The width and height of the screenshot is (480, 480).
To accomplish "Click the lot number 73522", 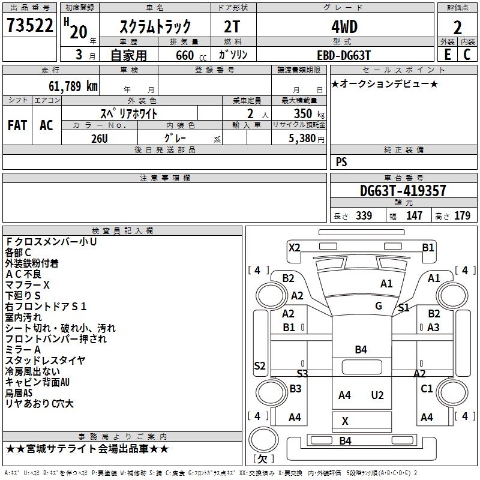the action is (x=30, y=26).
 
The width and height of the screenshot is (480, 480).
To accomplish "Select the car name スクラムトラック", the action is (x=155, y=26).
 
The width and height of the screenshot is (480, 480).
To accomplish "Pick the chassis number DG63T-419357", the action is (x=403, y=191).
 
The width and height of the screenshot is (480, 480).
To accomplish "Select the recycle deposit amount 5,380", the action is (x=302, y=138).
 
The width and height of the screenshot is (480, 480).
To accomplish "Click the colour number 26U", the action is (x=100, y=138).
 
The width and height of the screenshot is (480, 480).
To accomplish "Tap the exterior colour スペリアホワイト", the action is (x=128, y=113).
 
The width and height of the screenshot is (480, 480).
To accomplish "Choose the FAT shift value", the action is (x=17, y=125).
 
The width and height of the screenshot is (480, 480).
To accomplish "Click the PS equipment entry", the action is (x=341, y=162).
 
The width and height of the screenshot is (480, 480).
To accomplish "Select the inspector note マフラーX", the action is (x=28, y=284).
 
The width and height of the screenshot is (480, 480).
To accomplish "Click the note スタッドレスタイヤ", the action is (x=45, y=361).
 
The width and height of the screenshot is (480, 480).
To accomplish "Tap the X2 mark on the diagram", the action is (x=294, y=247).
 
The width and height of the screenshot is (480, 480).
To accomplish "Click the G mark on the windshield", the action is (x=379, y=306).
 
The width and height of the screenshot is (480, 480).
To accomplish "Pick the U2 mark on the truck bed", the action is (x=377, y=395).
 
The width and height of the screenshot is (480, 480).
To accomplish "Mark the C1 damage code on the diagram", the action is (x=427, y=389).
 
